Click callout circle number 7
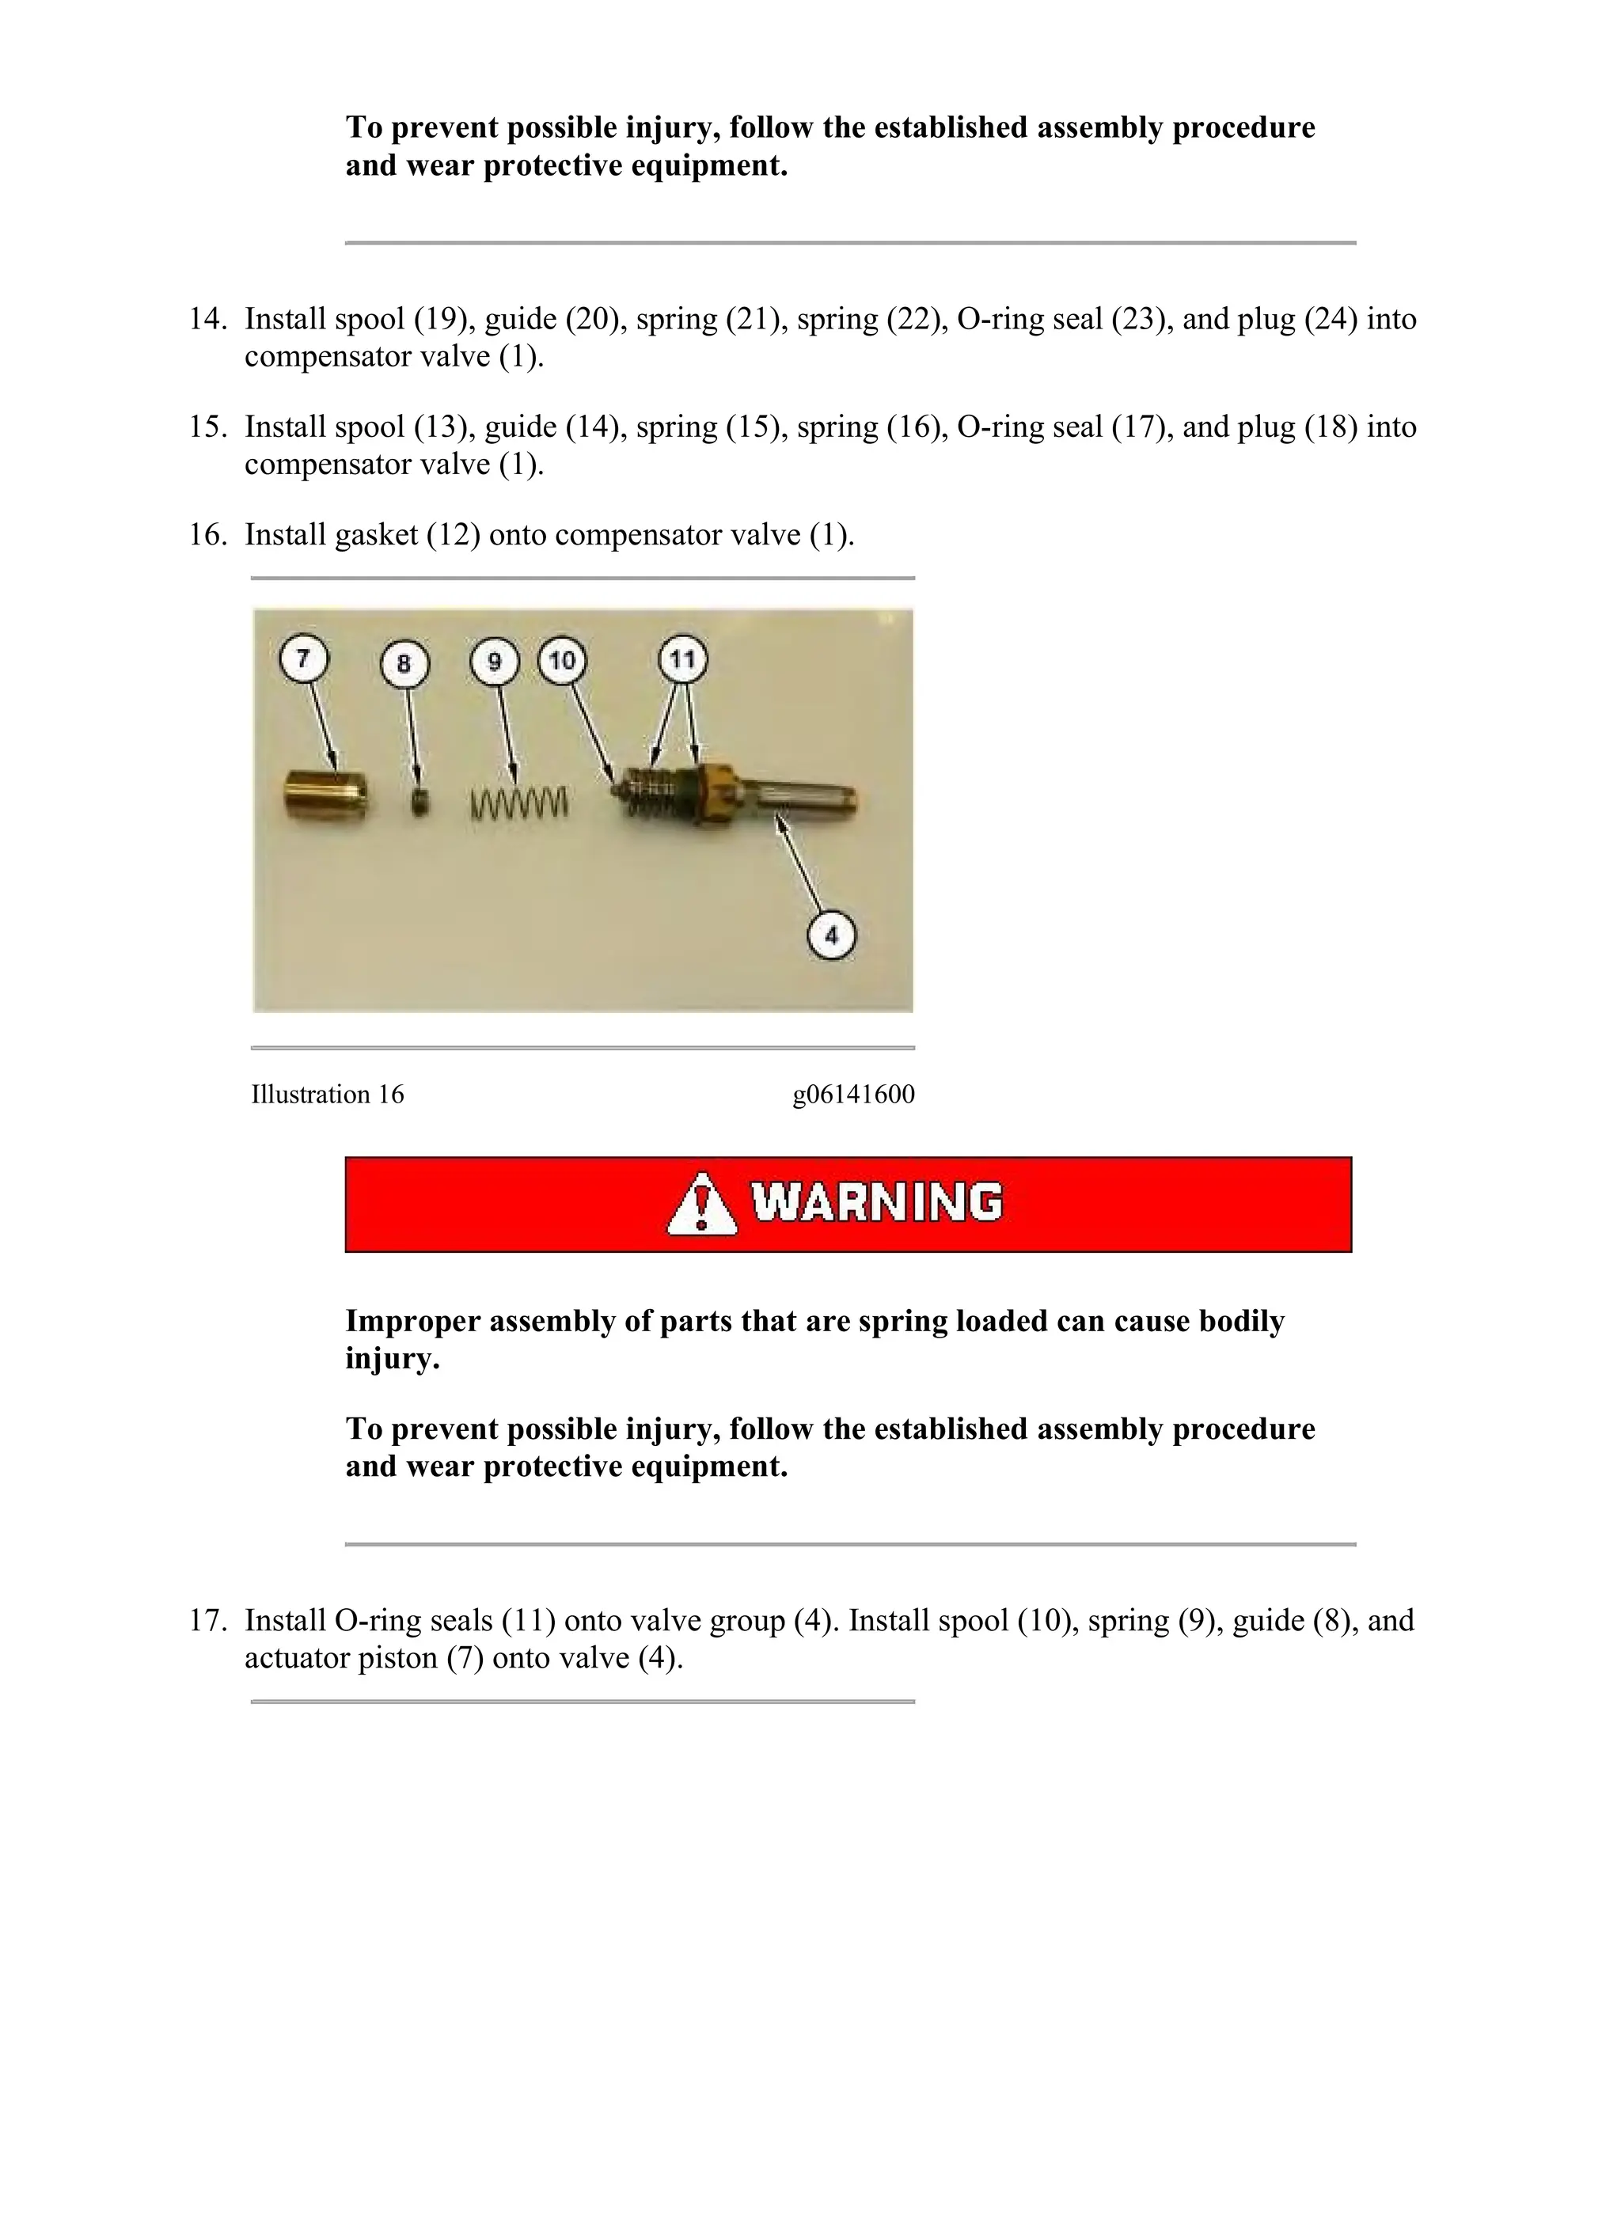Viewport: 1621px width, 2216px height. click(x=303, y=658)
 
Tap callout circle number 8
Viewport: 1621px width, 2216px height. click(x=404, y=664)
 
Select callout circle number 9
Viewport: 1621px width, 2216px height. click(x=495, y=661)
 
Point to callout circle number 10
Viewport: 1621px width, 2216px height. click(x=562, y=660)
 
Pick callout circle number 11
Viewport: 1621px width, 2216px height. click(x=682, y=658)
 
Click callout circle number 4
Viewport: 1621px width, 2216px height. click(x=831, y=935)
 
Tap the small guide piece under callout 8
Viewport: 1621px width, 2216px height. click(x=420, y=803)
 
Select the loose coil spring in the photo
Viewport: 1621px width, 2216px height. click(x=519, y=802)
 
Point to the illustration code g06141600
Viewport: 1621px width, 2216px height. click(x=854, y=1095)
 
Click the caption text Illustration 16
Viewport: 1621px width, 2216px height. click(x=328, y=1095)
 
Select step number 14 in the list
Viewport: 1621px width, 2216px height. click(x=207, y=319)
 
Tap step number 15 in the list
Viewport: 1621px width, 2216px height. click(x=207, y=427)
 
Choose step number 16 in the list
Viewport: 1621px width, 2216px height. click(x=207, y=535)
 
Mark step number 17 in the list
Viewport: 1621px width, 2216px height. click(x=207, y=1621)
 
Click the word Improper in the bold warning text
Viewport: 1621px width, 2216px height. click(x=413, y=1322)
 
